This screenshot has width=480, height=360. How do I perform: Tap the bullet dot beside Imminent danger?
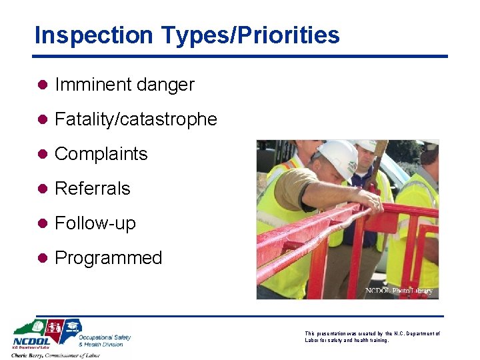click(x=41, y=85)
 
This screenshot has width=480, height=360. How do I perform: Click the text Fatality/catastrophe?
click(x=136, y=119)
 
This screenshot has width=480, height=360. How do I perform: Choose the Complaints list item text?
click(x=101, y=154)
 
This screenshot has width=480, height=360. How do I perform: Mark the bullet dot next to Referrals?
click(x=41, y=189)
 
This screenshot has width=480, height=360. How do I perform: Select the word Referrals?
click(x=92, y=189)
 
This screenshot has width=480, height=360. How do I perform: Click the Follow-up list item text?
click(x=95, y=223)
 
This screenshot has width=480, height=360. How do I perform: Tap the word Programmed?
click(x=108, y=258)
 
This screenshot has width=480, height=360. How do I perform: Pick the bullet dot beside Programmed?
click(x=41, y=258)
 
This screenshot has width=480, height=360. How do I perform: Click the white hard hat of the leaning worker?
click(x=337, y=159)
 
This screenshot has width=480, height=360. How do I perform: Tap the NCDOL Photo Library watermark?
click(x=399, y=291)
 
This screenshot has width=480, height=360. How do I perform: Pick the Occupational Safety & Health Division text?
click(x=105, y=340)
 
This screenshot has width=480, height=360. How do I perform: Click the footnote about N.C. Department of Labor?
click(x=372, y=337)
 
